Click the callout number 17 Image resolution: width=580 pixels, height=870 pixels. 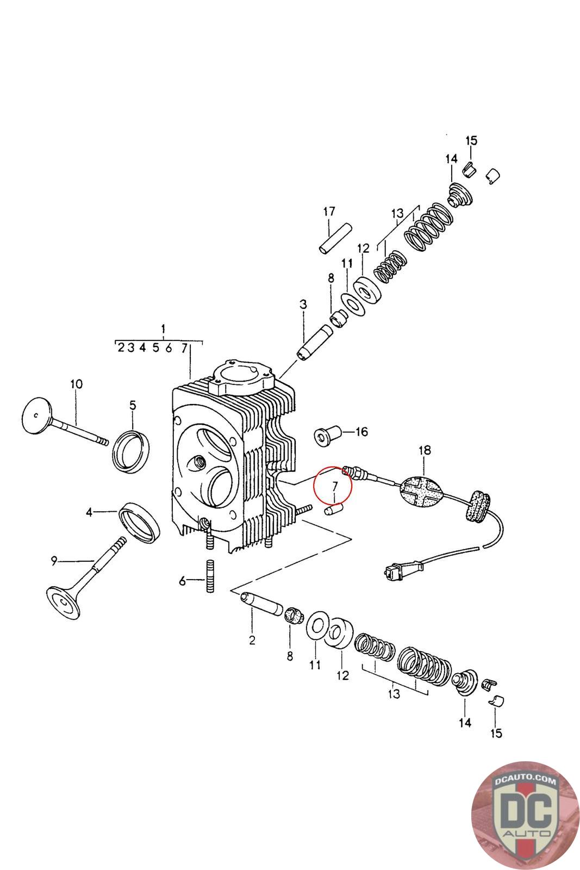(x=329, y=212)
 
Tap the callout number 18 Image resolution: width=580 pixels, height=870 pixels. (x=425, y=450)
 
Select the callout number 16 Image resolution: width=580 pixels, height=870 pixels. (x=361, y=432)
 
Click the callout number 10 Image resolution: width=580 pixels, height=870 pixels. (x=77, y=384)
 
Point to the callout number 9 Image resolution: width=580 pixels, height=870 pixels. (x=54, y=561)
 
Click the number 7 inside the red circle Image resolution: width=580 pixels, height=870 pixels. (x=335, y=486)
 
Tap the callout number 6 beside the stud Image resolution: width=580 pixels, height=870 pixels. (x=182, y=581)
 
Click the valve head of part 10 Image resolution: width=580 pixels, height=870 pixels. (x=37, y=415)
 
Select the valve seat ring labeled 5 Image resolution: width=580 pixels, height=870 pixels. (x=131, y=451)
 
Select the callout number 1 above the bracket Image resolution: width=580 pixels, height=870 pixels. (x=164, y=330)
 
